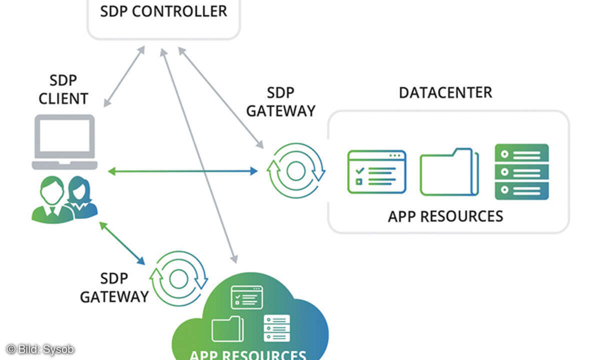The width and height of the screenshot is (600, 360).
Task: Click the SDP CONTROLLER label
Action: point(163,11)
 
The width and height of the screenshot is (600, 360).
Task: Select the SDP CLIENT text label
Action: point(63,90)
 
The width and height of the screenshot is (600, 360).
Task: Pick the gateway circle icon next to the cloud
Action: point(179,278)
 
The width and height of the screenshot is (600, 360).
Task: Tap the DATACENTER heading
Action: point(445,92)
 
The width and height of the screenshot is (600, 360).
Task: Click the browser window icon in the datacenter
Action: point(376,171)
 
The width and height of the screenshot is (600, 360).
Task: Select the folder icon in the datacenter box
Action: point(449,172)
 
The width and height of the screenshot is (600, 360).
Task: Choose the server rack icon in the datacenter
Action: point(521,172)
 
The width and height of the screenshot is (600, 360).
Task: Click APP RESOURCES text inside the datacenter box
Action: point(445,216)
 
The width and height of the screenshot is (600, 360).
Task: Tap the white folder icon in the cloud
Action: point(227,329)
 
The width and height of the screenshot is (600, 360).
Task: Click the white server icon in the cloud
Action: point(277,328)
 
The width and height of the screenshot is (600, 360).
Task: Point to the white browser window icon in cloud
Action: point(246,297)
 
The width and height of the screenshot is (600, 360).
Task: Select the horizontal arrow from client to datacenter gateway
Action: point(182,171)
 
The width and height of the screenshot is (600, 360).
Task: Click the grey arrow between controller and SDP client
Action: point(124,76)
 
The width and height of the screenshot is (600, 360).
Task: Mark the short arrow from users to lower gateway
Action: point(122,243)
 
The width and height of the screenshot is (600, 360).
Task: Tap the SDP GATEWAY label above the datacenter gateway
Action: point(281,101)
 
